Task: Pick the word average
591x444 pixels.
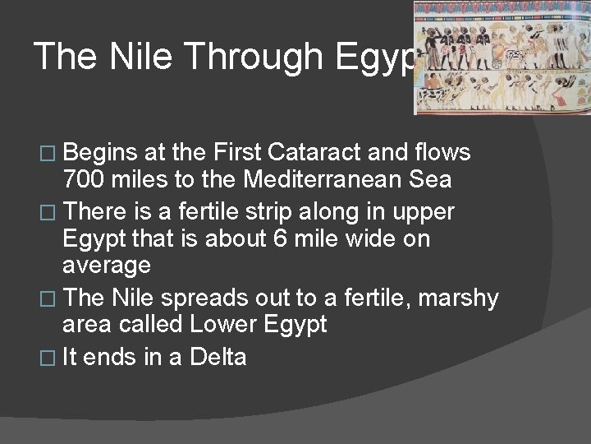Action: point(107,266)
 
